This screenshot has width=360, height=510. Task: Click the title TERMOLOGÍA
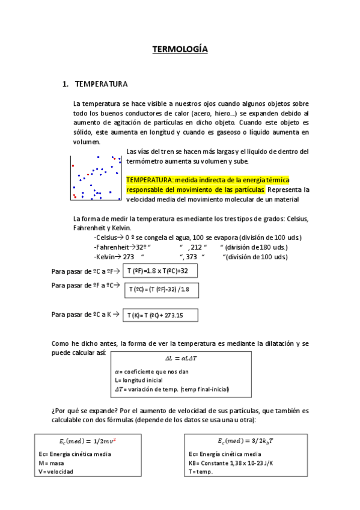pos(180,49)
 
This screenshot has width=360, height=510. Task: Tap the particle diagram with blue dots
pos(96,178)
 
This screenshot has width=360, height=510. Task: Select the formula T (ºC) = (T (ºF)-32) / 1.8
pos(160,289)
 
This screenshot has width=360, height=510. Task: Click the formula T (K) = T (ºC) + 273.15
pos(160,315)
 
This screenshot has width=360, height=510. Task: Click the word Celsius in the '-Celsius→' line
pos(105,238)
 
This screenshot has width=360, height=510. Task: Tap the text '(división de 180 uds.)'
pos(256,247)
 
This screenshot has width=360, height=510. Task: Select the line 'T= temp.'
pos(201,472)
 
